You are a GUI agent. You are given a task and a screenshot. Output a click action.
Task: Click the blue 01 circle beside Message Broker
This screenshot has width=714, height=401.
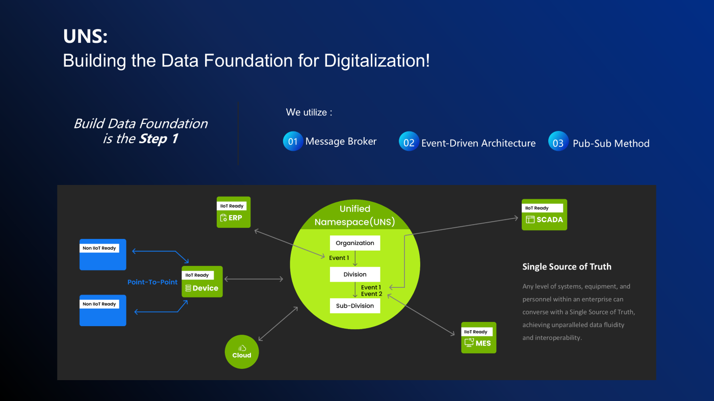293,141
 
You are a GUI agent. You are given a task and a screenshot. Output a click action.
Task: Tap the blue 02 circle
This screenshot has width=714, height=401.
409,143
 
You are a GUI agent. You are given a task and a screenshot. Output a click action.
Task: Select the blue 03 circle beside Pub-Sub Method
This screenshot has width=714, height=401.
558,143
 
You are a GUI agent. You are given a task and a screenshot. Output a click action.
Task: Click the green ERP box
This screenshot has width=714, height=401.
234,212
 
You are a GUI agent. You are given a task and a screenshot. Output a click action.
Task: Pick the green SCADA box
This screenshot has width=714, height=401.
544,215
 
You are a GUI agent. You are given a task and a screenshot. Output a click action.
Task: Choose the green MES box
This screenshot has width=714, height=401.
478,337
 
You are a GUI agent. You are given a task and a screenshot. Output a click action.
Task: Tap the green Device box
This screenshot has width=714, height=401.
202,282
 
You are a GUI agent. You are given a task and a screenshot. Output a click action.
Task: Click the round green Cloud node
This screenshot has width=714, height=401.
242,352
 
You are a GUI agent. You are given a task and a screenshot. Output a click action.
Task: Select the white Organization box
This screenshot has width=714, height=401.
355,243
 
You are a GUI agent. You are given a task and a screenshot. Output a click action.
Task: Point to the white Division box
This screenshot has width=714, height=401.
355,275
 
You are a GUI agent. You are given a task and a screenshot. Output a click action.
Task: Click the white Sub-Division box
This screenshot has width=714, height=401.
355,306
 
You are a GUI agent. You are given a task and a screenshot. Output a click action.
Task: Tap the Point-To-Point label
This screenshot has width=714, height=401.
152,282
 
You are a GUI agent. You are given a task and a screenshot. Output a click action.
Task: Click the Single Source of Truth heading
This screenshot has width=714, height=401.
567,266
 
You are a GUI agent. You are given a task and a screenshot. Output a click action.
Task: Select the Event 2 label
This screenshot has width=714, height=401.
371,294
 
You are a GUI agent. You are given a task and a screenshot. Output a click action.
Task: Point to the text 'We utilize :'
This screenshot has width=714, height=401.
309,112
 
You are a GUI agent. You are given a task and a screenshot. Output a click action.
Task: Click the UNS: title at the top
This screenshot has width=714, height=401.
85,37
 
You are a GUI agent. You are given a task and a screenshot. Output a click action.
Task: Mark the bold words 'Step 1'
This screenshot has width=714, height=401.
158,139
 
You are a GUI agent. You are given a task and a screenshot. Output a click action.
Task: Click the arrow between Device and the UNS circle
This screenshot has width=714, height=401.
253,279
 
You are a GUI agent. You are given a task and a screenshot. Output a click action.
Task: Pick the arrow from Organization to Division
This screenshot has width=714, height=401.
355,258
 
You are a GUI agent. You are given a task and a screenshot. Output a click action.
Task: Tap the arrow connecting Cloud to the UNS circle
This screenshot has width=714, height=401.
278,324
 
